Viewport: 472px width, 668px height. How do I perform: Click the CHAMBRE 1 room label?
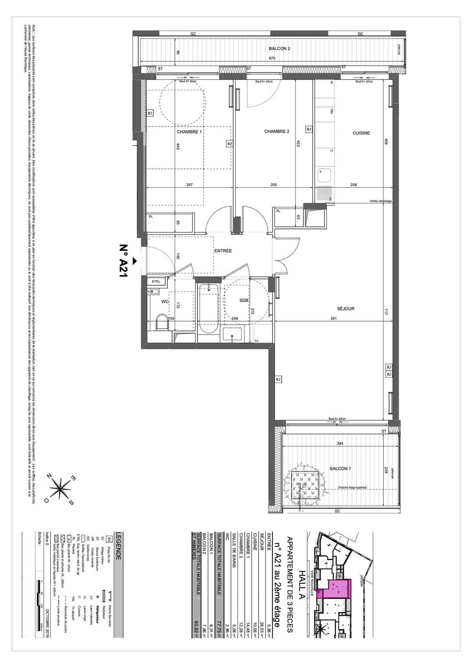[x=189, y=132]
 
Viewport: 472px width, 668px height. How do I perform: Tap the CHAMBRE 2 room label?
[x=277, y=131]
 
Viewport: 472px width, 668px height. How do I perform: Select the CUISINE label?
[x=361, y=133]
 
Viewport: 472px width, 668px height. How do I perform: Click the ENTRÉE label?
[x=223, y=251]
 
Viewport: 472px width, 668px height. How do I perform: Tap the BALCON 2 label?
[x=279, y=48]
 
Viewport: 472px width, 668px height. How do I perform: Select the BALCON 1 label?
[x=340, y=469]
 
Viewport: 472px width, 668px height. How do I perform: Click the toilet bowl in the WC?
[x=161, y=322]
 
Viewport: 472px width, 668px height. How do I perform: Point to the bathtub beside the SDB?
[x=208, y=309]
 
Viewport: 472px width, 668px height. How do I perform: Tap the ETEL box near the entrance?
[x=156, y=281]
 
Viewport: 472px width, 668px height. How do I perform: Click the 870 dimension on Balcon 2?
[x=272, y=58]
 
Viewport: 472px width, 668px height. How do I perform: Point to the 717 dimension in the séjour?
[x=386, y=312]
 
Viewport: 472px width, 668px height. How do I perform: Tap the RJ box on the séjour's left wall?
[x=278, y=379]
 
